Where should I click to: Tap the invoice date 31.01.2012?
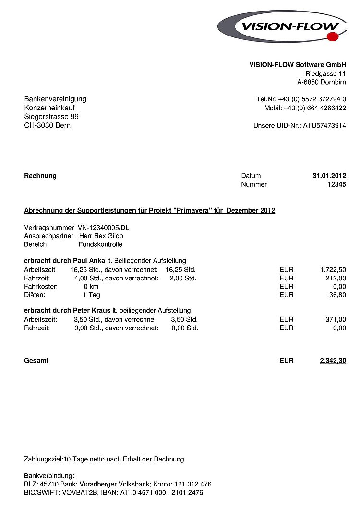(x=329, y=176)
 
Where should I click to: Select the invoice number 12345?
(x=336, y=184)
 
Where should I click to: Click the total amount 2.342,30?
(x=333, y=360)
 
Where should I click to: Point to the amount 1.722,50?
(x=333, y=270)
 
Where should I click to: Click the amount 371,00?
(x=335, y=319)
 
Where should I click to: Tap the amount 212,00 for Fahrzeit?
(x=335, y=278)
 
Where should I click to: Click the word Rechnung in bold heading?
(x=40, y=176)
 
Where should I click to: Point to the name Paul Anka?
(x=89, y=261)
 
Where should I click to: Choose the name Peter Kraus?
(x=92, y=311)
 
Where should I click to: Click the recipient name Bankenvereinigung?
(x=55, y=99)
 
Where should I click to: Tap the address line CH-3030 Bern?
(x=47, y=125)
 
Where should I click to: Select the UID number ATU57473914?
(x=324, y=126)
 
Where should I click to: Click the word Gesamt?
(x=36, y=360)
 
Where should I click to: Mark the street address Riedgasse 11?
(x=325, y=73)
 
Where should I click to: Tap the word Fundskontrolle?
(x=100, y=244)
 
